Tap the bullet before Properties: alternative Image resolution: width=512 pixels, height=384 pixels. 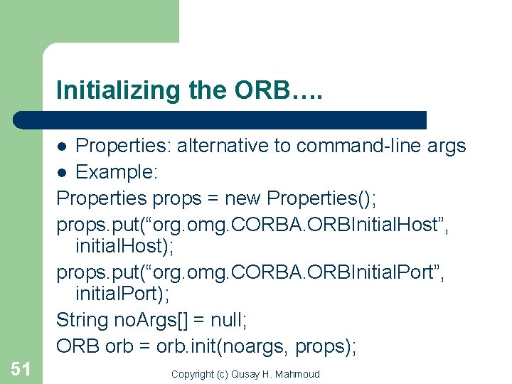[x=63, y=146]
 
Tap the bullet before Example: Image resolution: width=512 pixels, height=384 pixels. [x=63, y=173]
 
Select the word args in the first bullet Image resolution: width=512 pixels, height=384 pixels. [x=447, y=146]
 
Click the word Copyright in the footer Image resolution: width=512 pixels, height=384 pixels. [x=193, y=374]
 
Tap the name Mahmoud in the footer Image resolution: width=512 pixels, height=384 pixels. [x=299, y=374]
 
